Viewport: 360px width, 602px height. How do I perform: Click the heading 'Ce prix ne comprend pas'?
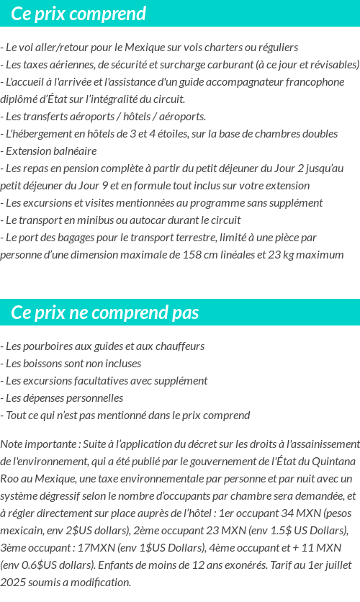pyautogui.click(x=105, y=313)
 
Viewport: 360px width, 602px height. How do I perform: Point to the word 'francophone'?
pyautogui.click(x=315, y=82)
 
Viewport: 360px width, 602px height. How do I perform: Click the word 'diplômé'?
pyautogui.click(x=20, y=99)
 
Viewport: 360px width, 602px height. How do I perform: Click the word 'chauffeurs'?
pyautogui.click(x=180, y=346)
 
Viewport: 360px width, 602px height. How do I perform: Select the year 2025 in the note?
pyautogui.click(x=13, y=582)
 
